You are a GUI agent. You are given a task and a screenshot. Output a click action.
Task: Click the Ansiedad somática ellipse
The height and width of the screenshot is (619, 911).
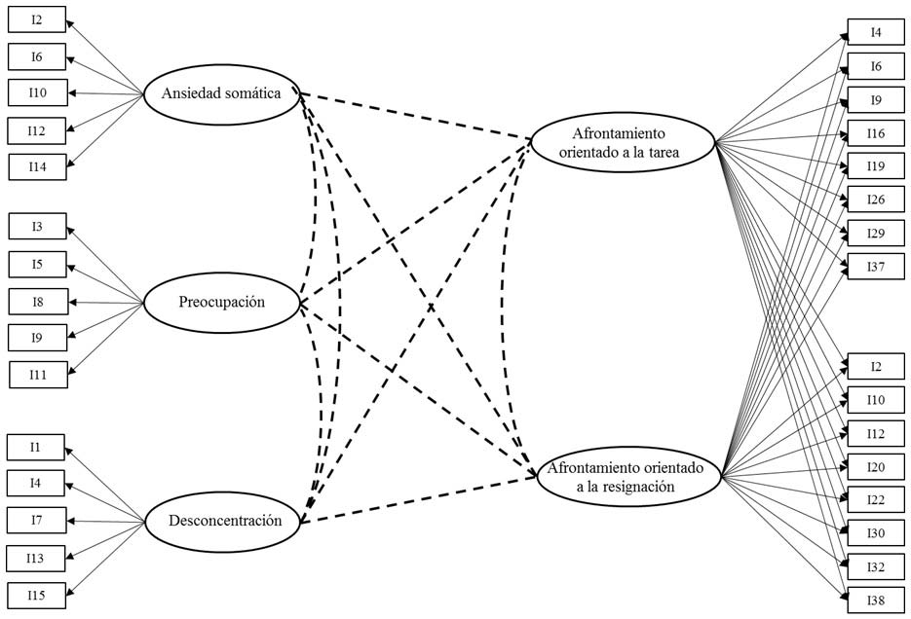click(x=220, y=94)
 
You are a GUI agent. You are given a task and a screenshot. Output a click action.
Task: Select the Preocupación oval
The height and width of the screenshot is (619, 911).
click(x=219, y=303)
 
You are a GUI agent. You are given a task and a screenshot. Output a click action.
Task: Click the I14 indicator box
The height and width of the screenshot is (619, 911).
click(x=37, y=167)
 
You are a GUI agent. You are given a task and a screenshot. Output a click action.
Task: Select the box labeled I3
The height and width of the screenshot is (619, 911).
click(x=37, y=227)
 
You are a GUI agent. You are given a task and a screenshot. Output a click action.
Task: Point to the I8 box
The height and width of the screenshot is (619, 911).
click(x=37, y=302)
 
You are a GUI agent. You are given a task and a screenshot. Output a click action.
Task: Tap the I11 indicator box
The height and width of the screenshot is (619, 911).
click(x=37, y=375)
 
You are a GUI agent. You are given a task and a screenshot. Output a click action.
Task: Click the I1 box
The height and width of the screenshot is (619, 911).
click(x=35, y=447)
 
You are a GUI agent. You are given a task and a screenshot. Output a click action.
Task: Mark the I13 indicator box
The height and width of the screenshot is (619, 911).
click(x=35, y=558)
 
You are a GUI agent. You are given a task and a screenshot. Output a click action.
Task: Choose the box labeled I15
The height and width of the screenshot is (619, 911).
click(x=35, y=594)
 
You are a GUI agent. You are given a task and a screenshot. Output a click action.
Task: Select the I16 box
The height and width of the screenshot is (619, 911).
click(x=876, y=133)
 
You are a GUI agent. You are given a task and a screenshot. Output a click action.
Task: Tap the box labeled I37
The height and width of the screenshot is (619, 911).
click(x=876, y=266)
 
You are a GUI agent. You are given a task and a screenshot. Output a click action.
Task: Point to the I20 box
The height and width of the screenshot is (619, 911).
click(x=876, y=467)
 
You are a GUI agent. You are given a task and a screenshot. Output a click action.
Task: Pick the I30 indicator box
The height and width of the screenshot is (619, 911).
click(x=876, y=533)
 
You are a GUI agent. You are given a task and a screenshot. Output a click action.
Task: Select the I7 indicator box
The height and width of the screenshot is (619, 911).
click(x=35, y=520)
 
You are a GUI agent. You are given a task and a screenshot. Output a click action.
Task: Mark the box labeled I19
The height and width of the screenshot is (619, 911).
click(x=876, y=166)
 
